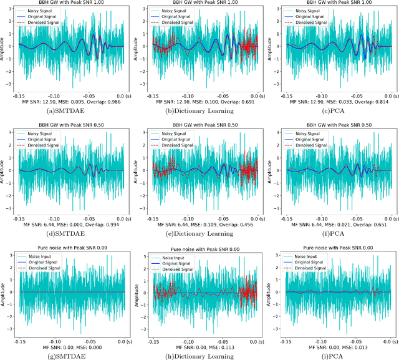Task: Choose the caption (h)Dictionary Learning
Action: tap(199, 356)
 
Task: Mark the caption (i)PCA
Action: tap(334, 356)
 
